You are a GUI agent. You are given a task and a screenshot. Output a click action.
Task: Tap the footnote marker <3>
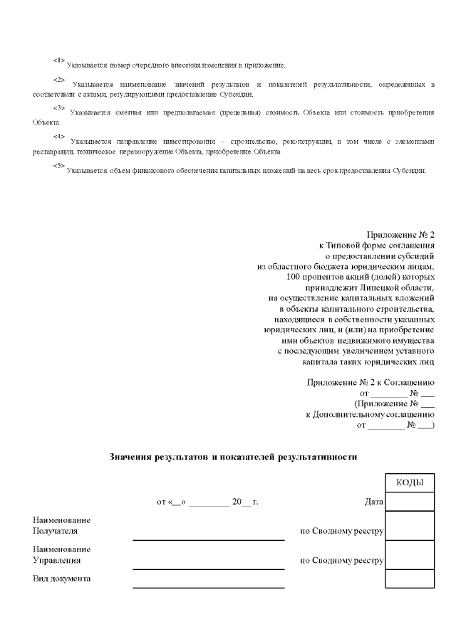pos(58,108)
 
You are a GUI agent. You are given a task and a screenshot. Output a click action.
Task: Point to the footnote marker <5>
pos(58,166)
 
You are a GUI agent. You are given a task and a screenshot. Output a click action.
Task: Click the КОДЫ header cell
pos(410,482)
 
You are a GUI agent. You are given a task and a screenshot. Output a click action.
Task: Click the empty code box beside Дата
pos(410,502)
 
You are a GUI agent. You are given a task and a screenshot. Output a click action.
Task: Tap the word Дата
pos(373,502)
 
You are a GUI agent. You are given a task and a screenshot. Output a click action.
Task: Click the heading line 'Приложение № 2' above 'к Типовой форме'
pos(400,234)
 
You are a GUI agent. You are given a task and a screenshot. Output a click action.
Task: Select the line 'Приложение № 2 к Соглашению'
pos(370,382)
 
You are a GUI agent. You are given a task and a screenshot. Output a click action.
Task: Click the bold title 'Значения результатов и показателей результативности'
pos(232,456)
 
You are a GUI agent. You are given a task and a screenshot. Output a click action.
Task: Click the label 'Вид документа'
pos(62,579)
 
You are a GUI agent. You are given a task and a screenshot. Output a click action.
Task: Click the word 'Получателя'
pos(56,531)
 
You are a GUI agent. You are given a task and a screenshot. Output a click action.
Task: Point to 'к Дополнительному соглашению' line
pos(370,414)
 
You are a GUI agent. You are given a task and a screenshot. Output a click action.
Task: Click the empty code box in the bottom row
pos(410,579)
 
